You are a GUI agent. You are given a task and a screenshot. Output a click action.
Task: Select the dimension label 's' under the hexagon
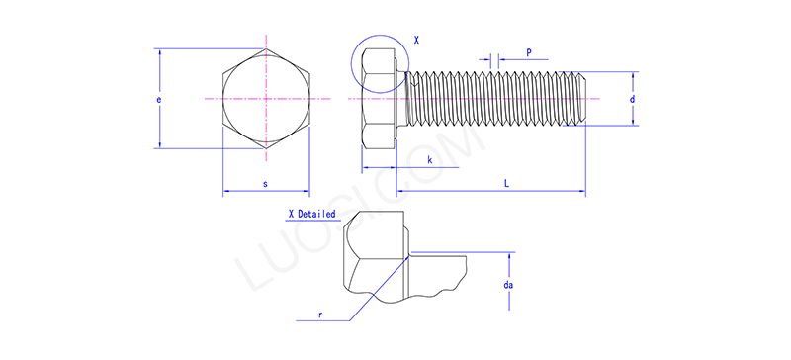pos(265,184)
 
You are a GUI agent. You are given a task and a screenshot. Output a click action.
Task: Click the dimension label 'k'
pos(429,159)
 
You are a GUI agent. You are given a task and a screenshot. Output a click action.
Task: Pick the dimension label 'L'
pos(507,184)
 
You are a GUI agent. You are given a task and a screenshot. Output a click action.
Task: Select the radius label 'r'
pos(319,314)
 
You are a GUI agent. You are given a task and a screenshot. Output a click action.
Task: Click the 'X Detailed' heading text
pos(310,214)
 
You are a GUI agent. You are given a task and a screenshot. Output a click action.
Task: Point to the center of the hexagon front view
pos(266,99)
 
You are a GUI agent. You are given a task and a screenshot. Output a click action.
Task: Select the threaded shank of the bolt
pos(494,99)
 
